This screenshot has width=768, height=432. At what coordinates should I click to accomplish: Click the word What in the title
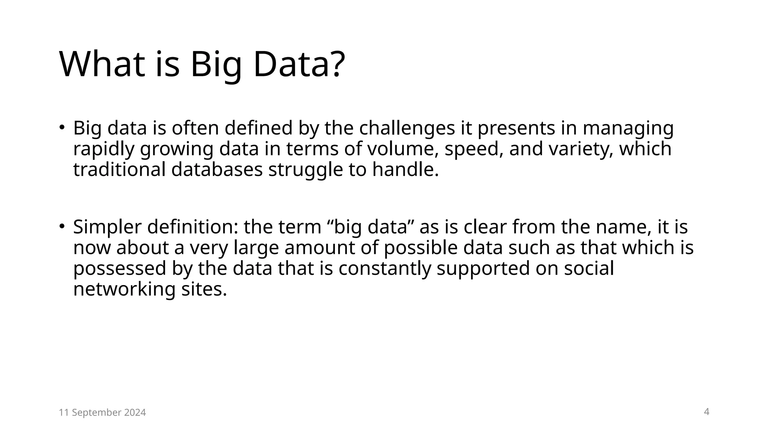coord(102,64)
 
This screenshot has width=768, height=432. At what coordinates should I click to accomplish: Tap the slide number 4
coord(706,412)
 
